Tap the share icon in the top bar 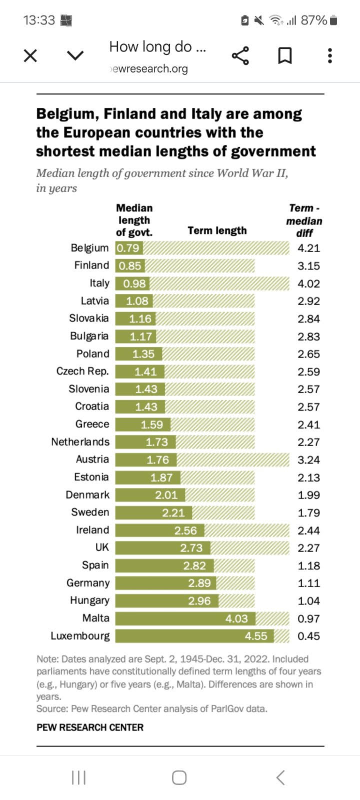pos(240,55)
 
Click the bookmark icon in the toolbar pos(284,55)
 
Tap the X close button pos(30,55)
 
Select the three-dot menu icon pos(329,55)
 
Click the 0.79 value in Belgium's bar pos(128,248)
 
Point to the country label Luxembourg pos(80,636)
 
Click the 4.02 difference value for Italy pos(308,283)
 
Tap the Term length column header pos(217,230)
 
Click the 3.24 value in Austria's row pos(308,460)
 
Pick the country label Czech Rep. pos(82,371)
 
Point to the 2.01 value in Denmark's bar pos(166,495)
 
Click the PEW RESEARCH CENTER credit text pos(90,727)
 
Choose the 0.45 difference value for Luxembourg pos(308,636)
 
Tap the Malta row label pos(95,618)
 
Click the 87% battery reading pos(314,20)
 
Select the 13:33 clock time pos(39,20)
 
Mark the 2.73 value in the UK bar pos(191,548)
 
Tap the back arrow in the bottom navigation pos(280,777)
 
